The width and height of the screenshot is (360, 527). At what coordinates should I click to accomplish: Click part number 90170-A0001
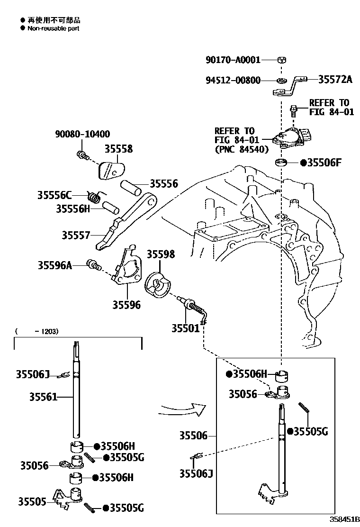(233, 60)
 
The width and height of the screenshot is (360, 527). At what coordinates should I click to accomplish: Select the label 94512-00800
(233, 80)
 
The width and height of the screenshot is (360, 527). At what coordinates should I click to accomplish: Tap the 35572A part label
(334, 79)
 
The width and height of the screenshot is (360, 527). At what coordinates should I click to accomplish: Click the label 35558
(118, 149)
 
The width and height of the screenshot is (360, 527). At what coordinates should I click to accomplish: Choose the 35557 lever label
(76, 235)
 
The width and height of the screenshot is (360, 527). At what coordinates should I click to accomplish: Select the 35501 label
(185, 327)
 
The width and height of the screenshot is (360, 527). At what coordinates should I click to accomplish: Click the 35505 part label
(32, 501)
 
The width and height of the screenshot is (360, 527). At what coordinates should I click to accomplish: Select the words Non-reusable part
(53, 28)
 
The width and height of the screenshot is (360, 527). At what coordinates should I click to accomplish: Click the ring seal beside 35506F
(281, 164)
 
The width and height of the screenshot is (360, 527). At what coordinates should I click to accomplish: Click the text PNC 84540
(242, 149)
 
